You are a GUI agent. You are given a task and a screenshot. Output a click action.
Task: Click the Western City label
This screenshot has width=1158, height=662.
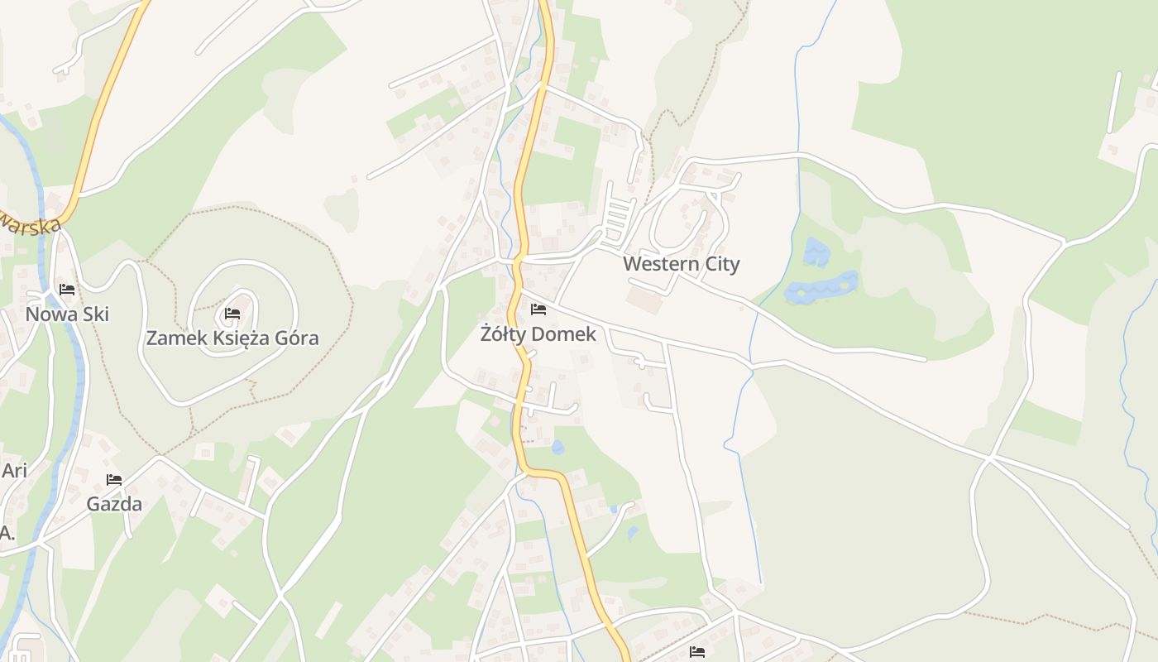(x=681, y=264)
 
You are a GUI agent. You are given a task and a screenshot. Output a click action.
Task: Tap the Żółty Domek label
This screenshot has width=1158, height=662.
(x=538, y=334)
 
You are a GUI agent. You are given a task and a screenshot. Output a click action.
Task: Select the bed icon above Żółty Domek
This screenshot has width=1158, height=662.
(x=538, y=309)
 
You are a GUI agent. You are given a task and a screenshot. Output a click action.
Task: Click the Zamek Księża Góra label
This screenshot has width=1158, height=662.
(x=232, y=338)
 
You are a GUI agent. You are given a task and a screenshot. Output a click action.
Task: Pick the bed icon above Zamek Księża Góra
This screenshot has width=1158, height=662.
(x=232, y=314)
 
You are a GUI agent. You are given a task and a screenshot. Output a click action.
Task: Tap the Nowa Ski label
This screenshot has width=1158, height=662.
(x=67, y=314)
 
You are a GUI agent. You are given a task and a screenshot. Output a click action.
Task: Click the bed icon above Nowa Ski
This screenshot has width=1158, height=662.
(x=67, y=290)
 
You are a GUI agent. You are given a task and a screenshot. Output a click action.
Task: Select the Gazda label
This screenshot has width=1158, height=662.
(x=114, y=504)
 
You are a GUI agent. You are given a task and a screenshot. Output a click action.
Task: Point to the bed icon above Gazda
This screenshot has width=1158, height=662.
(x=114, y=479)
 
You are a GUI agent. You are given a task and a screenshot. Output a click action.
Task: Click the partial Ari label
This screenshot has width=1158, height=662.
(x=14, y=471)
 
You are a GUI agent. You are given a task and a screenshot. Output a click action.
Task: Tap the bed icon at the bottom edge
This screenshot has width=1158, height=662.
(x=697, y=652)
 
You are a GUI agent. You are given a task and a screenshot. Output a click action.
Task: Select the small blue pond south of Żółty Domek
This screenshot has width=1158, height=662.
(x=557, y=448)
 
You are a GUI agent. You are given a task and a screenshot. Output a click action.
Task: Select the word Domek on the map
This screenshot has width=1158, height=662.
(x=567, y=334)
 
